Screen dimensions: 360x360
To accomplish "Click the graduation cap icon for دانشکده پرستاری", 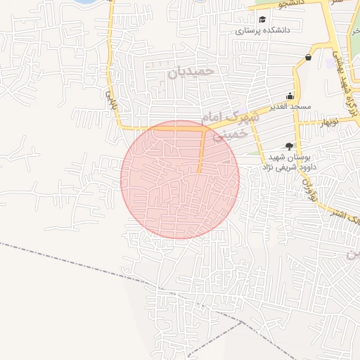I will coord(262,20).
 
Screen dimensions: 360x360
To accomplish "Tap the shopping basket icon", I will coord(309,58).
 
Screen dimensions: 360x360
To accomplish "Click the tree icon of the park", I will coord(290,146).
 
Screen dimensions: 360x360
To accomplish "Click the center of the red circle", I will coord(180,179).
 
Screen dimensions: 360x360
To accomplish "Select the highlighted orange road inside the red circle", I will coord(202,149).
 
